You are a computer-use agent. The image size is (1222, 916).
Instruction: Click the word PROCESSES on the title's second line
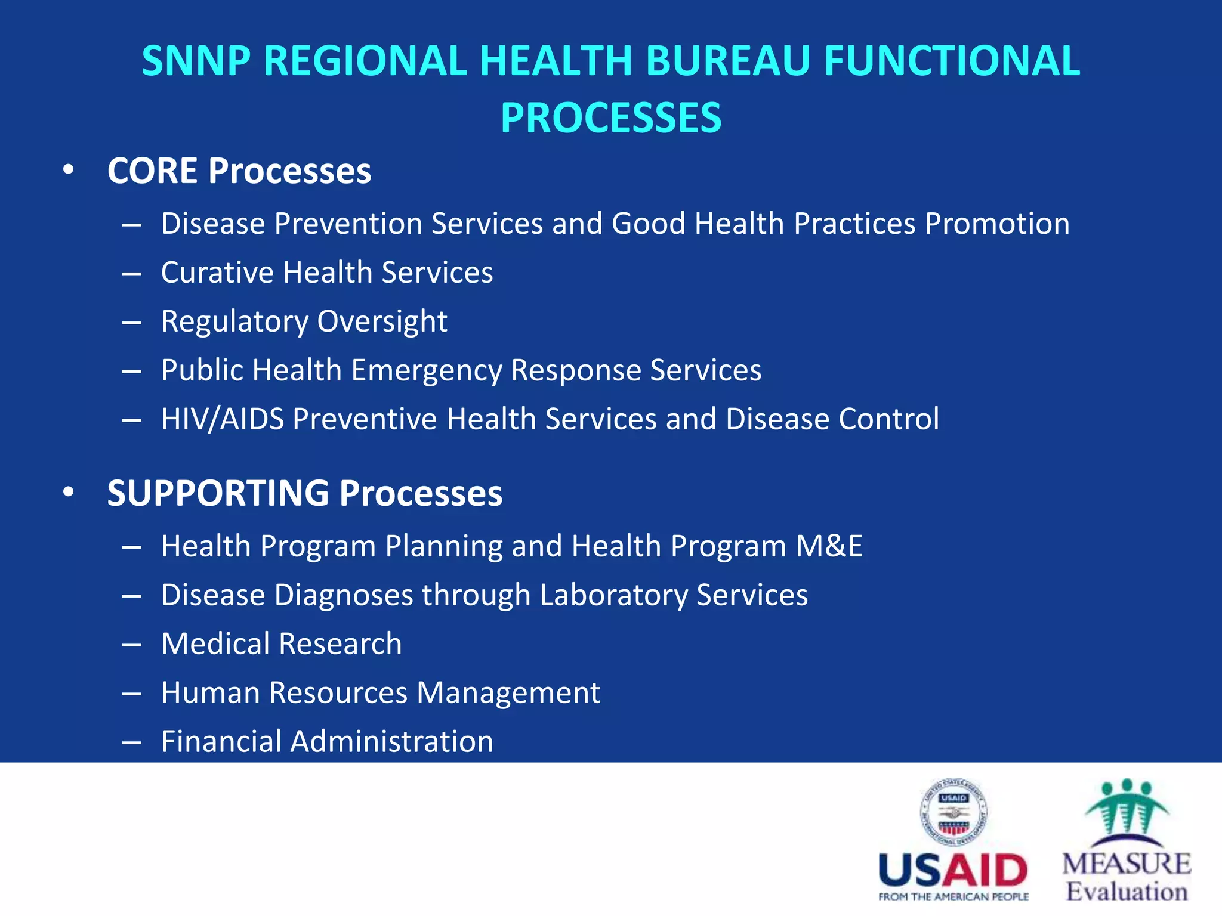point(610,118)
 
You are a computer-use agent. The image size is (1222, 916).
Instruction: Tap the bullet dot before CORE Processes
point(69,170)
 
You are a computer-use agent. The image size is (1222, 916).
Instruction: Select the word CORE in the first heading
point(152,171)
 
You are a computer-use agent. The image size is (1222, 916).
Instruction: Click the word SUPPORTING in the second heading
point(218,494)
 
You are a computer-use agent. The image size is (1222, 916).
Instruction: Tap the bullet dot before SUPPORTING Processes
point(69,493)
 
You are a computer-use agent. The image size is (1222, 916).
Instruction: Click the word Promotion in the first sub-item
point(997,224)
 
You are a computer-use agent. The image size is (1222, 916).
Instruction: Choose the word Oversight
point(382,322)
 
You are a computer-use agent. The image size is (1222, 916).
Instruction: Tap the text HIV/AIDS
point(222,419)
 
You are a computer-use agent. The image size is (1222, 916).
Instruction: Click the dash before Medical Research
point(131,645)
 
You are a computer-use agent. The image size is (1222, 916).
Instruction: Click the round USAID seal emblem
point(953,812)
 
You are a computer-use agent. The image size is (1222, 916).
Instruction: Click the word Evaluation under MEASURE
point(1127,892)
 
